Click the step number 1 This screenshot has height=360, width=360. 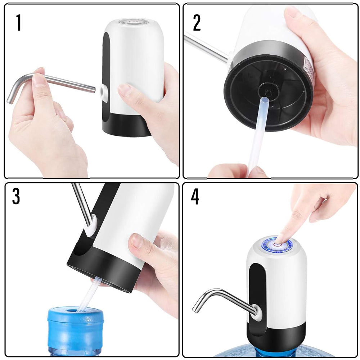click(x=18, y=23)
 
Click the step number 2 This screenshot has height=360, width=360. click(x=197, y=23)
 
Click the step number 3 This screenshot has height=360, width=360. click(x=16, y=196)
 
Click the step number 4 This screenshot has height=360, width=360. click(x=195, y=198)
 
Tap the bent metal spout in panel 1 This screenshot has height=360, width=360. click(x=54, y=81)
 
